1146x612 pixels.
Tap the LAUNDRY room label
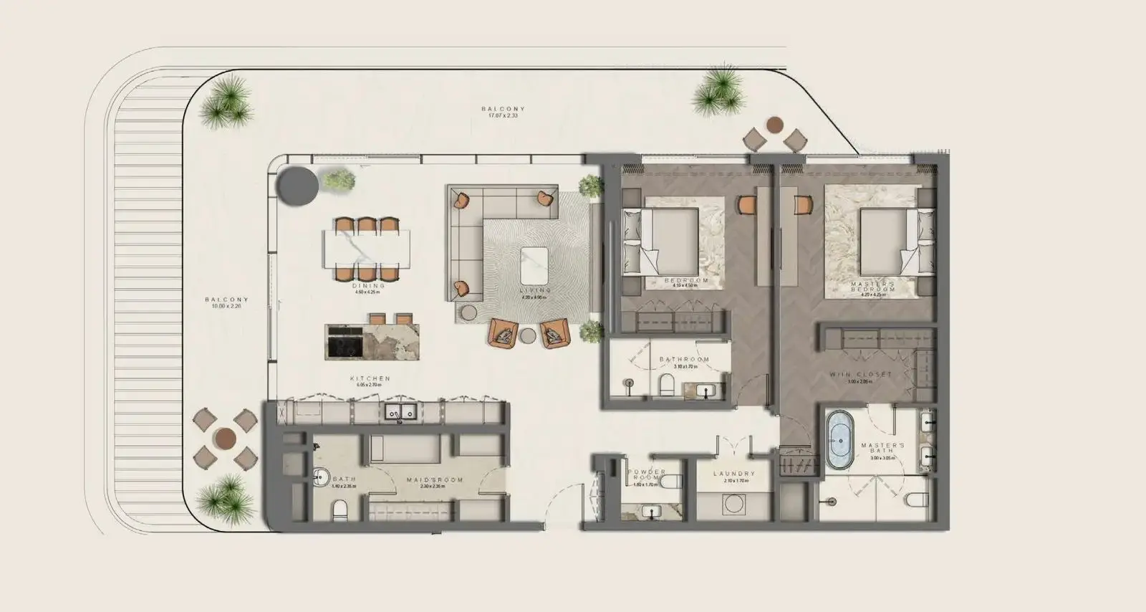coord(734,474)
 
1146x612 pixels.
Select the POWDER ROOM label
coord(646,475)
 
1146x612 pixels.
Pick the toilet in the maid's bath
coord(340,510)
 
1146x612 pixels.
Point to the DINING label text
coord(369,286)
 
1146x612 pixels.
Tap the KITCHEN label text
coord(370,378)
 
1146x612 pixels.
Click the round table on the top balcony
coord(774,125)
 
